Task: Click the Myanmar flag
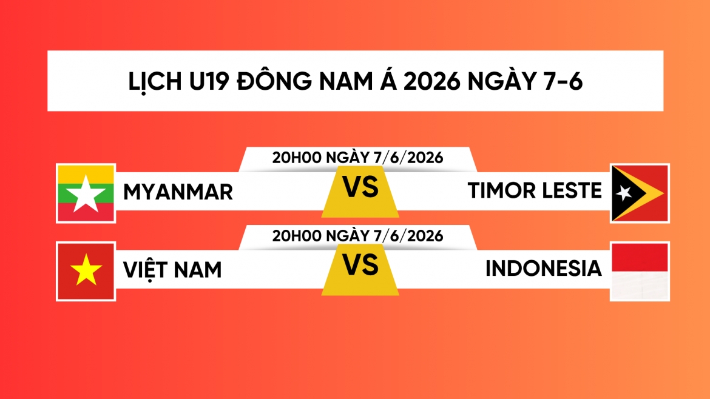coord(86,193)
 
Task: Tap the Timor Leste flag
coord(640,193)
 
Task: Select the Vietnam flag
coord(86,272)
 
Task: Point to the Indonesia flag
coord(640,272)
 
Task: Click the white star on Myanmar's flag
coord(86,195)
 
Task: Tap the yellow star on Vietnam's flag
coord(86,270)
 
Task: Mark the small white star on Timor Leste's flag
coord(623,193)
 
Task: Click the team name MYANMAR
coord(178,192)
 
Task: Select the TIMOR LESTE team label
coord(535,190)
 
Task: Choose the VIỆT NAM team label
coord(172,269)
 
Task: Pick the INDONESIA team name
coord(543,268)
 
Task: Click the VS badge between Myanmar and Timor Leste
coord(360,191)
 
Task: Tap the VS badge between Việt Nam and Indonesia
coord(360,269)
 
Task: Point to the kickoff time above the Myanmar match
coord(357,158)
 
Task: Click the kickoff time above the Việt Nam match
coord(357,236)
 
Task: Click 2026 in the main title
coord(432,81)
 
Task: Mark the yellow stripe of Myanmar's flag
coord(86,174)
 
